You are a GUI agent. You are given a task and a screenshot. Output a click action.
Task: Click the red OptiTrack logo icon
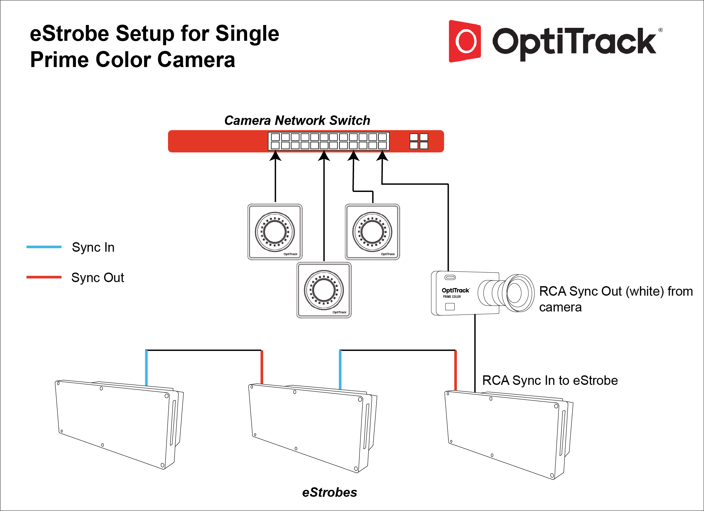click(465, 41)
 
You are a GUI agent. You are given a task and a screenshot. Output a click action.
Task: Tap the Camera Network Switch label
click(297, 120)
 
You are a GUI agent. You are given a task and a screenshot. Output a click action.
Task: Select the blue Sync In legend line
click(44, 247)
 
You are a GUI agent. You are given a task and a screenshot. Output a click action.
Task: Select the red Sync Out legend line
click(44, 277)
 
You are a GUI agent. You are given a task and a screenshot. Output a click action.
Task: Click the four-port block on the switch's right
click(419, 141)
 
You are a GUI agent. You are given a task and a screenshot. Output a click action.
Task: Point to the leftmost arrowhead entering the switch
click(275, 156)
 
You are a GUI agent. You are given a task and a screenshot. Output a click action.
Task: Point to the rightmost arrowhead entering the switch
click(382, 156)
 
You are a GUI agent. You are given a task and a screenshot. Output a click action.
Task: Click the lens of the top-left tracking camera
click(275, 231)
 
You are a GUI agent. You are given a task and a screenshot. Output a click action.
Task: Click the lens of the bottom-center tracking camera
click(324, 290)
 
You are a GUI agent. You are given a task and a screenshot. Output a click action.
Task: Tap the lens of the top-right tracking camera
click(372, 231)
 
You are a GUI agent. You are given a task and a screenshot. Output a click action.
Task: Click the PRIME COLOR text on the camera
click(452, 297)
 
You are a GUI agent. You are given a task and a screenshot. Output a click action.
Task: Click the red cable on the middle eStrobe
click(262, 367)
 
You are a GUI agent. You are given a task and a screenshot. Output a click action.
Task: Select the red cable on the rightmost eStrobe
click(455, 370)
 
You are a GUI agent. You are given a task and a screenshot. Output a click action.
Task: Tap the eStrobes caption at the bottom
click(329, 492)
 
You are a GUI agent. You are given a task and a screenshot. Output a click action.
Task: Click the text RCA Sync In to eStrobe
click(550, 380)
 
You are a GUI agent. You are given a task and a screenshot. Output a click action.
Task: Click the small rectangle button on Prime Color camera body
click(450, 306)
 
